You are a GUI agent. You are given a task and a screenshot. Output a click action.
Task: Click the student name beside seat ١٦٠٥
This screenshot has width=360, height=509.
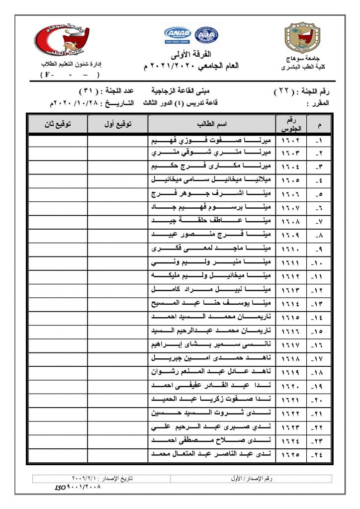pos(212,181)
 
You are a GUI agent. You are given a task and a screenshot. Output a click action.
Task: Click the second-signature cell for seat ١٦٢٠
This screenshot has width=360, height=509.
pos(58,386)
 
